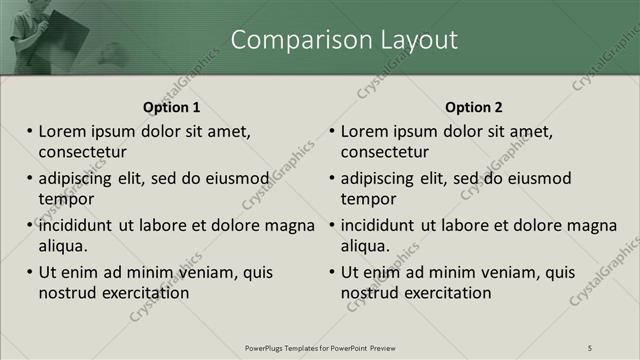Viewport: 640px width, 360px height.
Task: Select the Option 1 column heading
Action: click(171, 107)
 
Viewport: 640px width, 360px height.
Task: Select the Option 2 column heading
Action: click(474, 107)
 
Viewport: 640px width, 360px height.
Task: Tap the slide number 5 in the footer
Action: click(590, 347)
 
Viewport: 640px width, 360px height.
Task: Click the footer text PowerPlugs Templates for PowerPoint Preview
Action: click(320, 347)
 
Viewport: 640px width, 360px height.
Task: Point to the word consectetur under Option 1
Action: click(82, 152)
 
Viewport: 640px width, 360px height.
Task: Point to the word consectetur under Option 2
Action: click(385, 152)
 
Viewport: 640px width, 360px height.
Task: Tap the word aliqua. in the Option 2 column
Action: click(367, 246)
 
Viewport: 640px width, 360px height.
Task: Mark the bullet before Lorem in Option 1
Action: click(30, 131)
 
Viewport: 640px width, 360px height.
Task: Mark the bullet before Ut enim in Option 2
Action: click(332, 272)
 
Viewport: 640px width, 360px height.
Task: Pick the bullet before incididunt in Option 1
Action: click(30, 225)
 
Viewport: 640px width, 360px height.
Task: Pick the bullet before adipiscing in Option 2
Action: click(332, 178)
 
